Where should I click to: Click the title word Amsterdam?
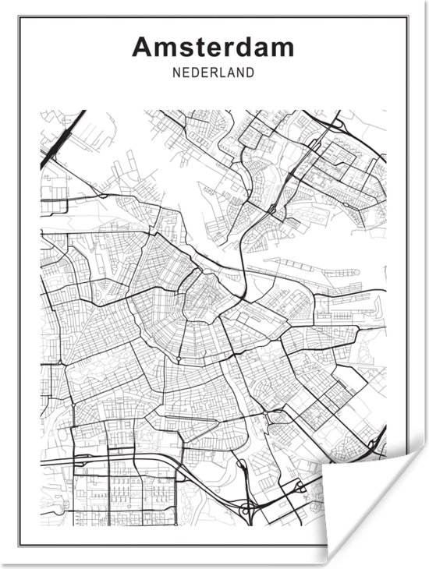pos(213,47)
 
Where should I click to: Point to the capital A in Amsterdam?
pos(143,47)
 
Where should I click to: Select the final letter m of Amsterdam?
pos(282,48)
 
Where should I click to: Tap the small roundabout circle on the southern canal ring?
pos(179,359)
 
